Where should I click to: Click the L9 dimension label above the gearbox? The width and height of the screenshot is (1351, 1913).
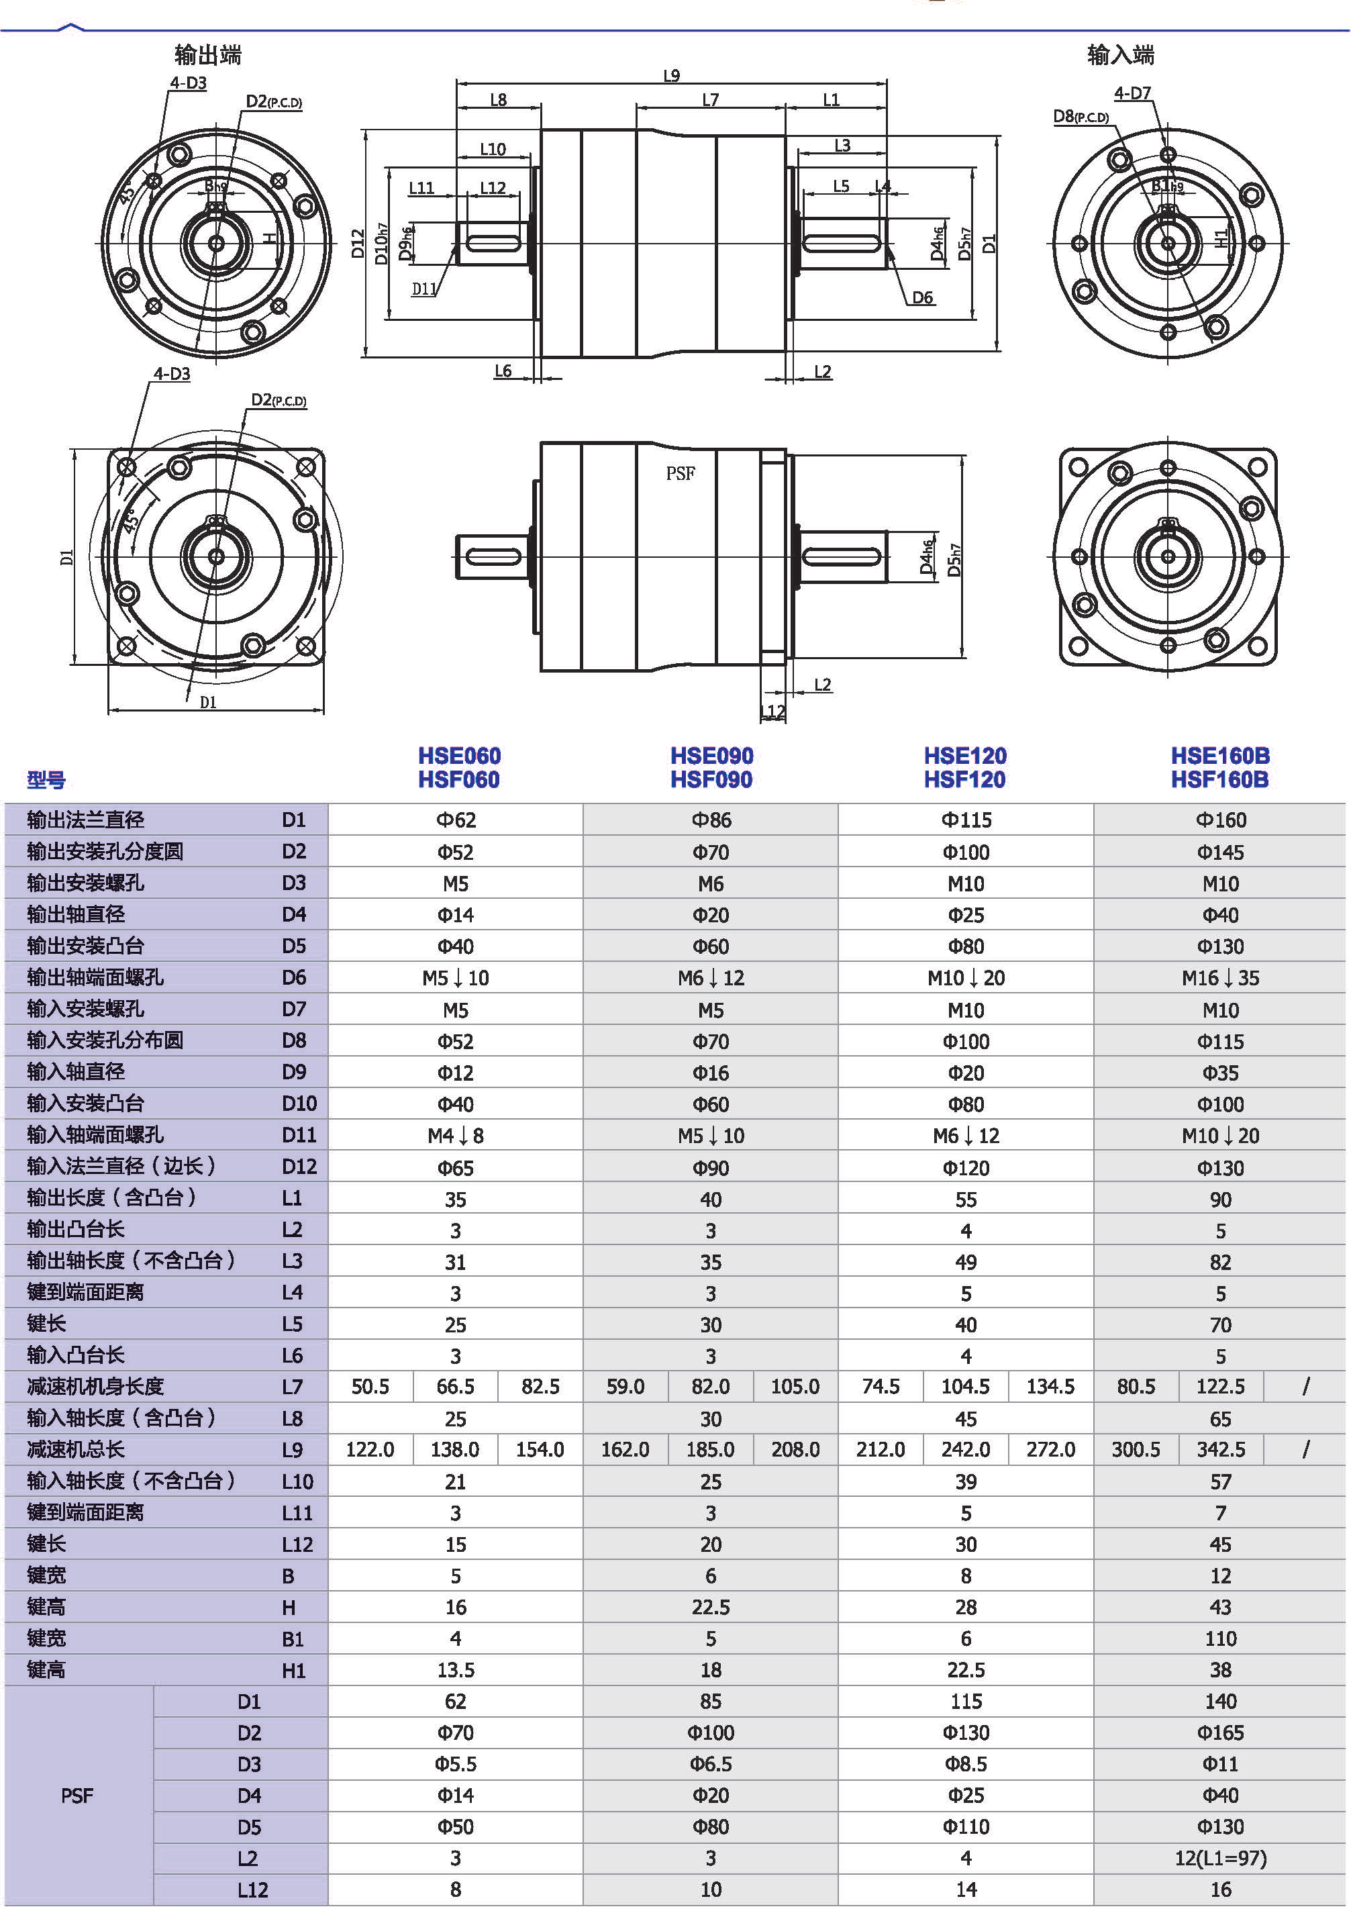tap(671, 76)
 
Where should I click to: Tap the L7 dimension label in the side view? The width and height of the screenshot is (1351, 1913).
tap(709, 100)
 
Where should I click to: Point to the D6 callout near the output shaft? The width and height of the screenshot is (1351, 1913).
tap(922, 297)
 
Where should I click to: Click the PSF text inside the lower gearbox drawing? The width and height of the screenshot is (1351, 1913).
tap(680, 473)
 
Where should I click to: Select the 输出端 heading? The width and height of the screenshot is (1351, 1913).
tap(207, 55)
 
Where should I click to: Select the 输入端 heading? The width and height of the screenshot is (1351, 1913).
tap(1120, 55)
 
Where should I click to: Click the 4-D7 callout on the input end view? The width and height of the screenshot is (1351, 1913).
tap(1132, 93)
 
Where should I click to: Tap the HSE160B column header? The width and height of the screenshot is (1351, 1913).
tap(1219, 756)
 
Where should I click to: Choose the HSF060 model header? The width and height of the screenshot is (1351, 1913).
tap(459, 780)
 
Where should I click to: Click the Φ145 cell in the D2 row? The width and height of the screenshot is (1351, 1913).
tap(1219, 852)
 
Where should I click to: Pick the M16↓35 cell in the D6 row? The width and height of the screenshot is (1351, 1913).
tap(1219, 978)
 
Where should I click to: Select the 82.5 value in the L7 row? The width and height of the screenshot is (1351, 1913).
tap(540, 1387)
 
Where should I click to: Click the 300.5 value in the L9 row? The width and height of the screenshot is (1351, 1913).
tap(1136, 1450)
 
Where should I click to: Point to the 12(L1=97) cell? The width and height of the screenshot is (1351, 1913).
tap(1219, 1858)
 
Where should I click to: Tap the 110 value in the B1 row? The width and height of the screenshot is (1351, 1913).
tap(1219, 1639)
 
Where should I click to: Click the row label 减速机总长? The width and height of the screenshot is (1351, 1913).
tap(76, 1450)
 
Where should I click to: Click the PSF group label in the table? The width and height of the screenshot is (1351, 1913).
tap(77, 1796)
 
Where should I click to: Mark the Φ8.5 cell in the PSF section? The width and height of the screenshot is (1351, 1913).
tap(965, 1764)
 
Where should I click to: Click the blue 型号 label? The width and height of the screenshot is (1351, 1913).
tap(46, 780)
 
